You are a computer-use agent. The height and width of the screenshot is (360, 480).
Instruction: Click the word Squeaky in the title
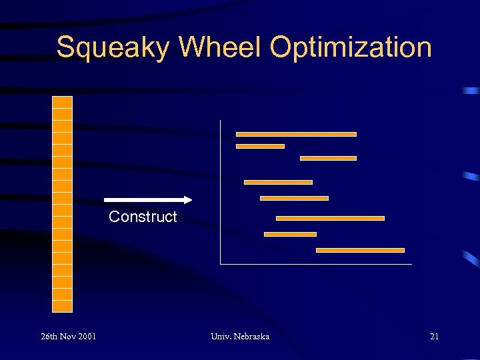tap(113, 48)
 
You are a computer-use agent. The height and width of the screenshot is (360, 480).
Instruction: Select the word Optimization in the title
tap(351, 48)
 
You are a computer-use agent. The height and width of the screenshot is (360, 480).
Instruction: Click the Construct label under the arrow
tap(143, 217)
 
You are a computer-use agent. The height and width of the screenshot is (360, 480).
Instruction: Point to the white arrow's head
tap(187, 199)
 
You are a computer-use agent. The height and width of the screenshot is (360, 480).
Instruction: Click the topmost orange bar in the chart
tap(296, 134)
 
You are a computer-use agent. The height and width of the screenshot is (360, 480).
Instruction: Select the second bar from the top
tap(260, 146)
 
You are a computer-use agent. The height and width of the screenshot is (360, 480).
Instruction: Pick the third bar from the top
tap(328, 158)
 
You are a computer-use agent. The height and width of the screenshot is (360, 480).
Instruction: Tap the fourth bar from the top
tap(278, 182)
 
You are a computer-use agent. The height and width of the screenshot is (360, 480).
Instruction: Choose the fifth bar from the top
tap(294, 198)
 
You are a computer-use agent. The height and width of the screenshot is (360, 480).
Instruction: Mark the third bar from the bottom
tap(330, 218)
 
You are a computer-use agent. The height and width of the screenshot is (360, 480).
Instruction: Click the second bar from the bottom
tap(290, 234)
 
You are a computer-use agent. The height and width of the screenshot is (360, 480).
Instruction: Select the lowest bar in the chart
tap(360, 250)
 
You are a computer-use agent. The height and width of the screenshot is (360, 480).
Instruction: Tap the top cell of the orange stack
tap(62, 102)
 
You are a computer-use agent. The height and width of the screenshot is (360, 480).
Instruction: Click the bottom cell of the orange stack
tap(62, 306)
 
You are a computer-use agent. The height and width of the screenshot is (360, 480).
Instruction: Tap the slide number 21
tap(434, 337)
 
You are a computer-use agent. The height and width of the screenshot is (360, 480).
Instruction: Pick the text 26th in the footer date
tap(49, 337)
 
